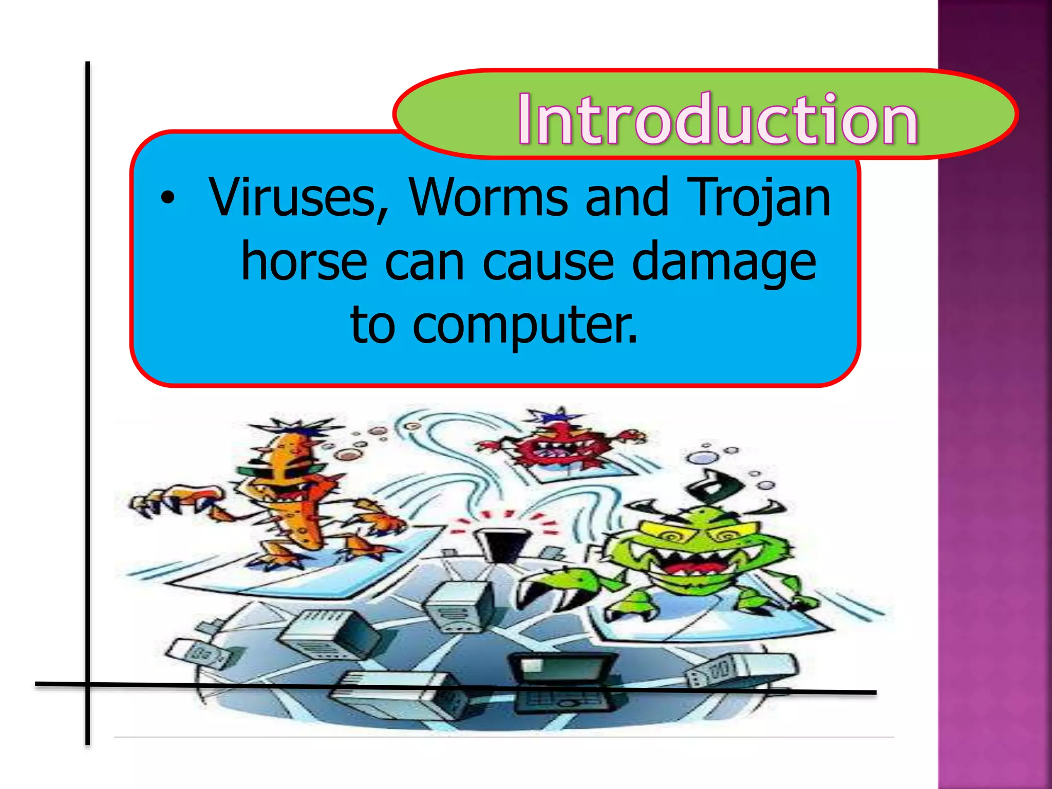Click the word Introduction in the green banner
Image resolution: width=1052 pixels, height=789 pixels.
tap(717, 119)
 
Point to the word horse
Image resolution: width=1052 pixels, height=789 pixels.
tap(304, 261)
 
